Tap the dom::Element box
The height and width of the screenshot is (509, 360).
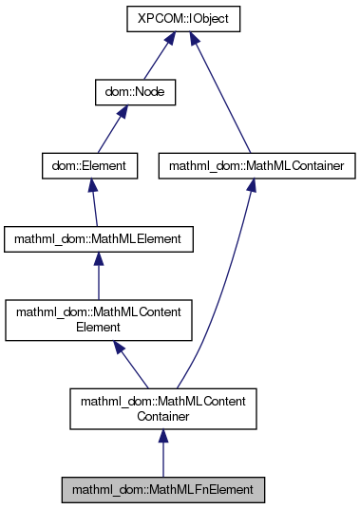[x=89, y=166]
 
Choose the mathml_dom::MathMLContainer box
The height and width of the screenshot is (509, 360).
[x=248, y=166]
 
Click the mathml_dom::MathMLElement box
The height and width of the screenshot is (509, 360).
[x=100, y=239]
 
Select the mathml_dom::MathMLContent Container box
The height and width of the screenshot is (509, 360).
[x=163, y=409]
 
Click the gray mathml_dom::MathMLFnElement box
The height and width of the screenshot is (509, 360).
[x=163, y=490]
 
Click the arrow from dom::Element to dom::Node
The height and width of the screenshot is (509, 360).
[x=107, y=130]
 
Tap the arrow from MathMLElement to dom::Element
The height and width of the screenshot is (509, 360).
[x=94, y=203]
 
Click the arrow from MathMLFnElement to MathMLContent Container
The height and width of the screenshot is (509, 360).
[x=163, y=454]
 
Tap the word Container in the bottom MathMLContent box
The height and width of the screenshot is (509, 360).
[x=163, y=417]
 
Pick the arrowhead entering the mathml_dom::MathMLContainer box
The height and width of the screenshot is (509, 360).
[x=250, y=188]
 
